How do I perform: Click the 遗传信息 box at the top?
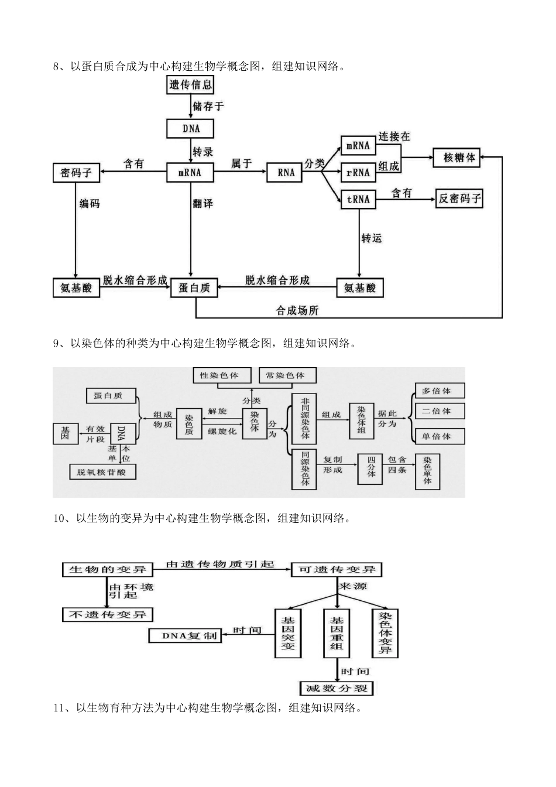click(191, 85)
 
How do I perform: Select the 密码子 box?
click(76, 173)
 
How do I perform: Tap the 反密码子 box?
click(459, 199)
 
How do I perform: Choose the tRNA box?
click(358, 199)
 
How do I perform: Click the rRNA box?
click(358, 173)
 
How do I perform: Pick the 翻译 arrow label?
click(203, 204)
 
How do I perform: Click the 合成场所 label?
click(297, 310)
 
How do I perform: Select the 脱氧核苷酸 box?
click(102, 472)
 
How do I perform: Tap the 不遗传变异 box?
click(108, 614)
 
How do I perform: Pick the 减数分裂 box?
click(337, 688)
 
